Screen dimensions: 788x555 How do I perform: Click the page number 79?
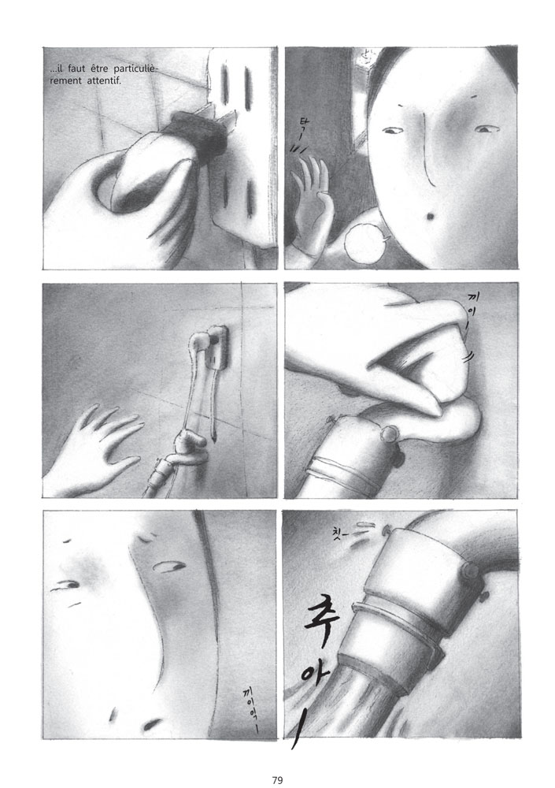277,758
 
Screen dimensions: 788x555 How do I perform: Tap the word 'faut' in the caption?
79,69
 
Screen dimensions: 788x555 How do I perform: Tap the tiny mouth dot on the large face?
430,215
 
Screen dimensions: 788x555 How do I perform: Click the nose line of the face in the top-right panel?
422,150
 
